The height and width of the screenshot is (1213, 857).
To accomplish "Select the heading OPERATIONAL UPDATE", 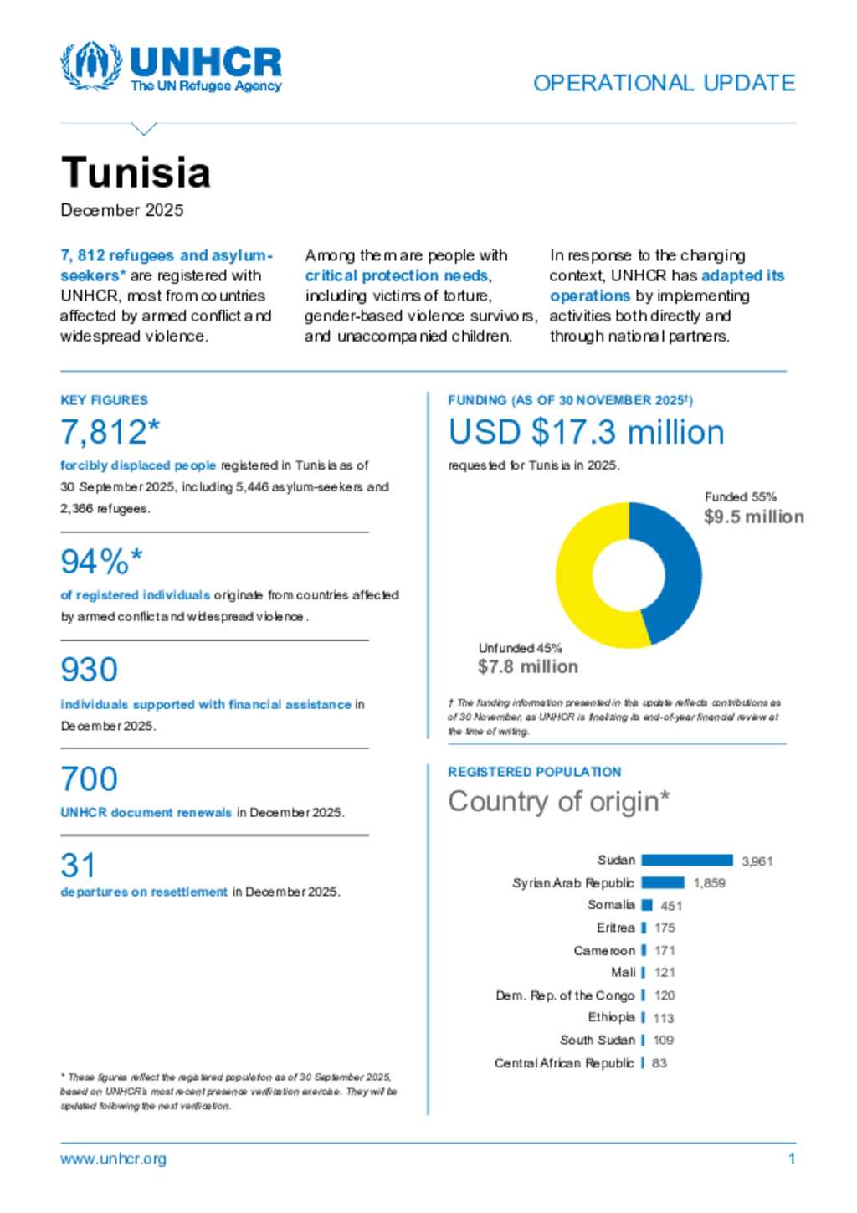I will (x=664, y=83).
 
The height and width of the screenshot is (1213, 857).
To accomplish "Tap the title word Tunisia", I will (x=136, y=172).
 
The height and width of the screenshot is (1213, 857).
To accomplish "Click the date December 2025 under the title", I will (x=122, y=210).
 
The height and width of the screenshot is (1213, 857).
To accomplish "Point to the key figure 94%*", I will (x=101, y=562).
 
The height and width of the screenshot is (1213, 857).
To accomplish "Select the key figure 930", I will (x=89, y=670).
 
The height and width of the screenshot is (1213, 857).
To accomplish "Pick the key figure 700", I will (x=89, y=779).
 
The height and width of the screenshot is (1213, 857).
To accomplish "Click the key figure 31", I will (x=78, y=866).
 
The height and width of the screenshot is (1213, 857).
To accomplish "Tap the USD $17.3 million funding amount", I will (x=586, y=432).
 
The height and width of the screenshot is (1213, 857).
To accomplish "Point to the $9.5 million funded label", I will (x=753, y=517).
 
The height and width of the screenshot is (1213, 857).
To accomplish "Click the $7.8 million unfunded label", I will (x=527, y=666).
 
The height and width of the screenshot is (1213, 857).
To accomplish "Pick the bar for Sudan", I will (x=687, y=860).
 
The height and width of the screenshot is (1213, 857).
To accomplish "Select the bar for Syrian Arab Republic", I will (x=663, y=882).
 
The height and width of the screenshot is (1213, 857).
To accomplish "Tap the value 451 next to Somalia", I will (x=671, y=906).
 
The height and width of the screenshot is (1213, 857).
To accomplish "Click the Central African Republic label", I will (x=564, y=1063).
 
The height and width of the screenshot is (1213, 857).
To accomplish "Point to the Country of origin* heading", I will (x=558, y=801).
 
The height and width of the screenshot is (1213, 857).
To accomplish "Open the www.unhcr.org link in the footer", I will (x=113, y=1159).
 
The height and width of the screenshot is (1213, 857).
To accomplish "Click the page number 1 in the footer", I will (x=791, y=1159).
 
